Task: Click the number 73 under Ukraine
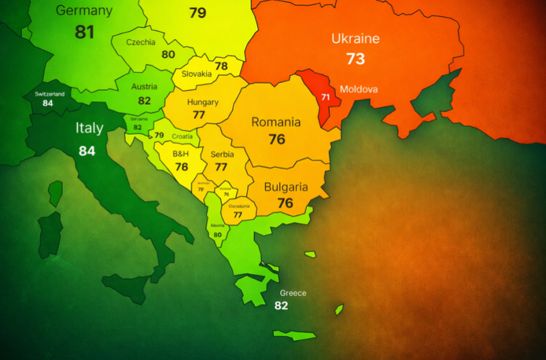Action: point(355,59)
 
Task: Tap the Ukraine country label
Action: point(355,39)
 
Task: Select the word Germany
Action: point(84,10)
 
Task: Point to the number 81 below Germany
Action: point(85,32)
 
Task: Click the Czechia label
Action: point(141,42)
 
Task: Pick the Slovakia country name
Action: point(197,74)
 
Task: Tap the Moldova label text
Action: point(358,89)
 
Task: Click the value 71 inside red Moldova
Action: point(326,97)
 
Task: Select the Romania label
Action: point(276,122)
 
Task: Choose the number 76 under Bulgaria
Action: point(285,203)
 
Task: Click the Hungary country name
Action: point(202,102)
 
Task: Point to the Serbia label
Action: point(222,154)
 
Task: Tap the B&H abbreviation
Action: point(181,154)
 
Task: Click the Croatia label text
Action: point(182,136)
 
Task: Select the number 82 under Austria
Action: point(145,101)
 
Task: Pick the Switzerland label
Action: point(49,94)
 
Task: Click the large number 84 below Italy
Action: point(87,151)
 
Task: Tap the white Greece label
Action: point(293,293)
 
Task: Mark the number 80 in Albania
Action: point(217,235)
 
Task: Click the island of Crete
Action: point(295,335)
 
